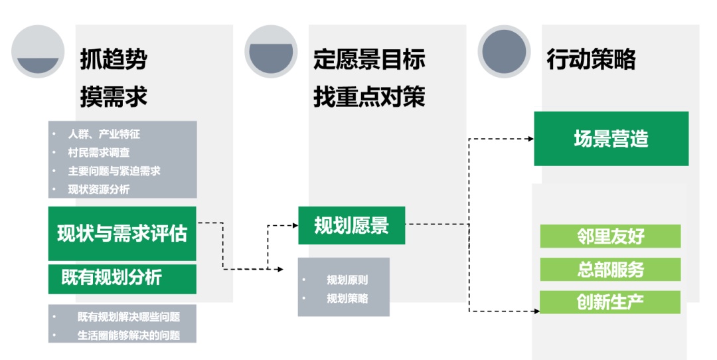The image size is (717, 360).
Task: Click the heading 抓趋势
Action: [114, 59]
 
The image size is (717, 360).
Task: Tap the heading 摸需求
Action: [114, 97]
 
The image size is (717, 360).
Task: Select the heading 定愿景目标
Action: [369, 59]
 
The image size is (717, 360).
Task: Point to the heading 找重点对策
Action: [369, 97]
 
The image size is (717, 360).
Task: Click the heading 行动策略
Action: [591, 59]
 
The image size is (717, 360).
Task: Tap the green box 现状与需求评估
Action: [122, 234]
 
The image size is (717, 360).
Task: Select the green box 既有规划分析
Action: [122, 278]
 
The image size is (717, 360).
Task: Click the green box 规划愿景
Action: [351, 225]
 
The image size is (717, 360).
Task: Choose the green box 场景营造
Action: [611, 138]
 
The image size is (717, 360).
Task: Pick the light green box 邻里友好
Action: [610, 236]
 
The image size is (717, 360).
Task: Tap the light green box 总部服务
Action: [610, 269]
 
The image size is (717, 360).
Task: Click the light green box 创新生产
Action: [610, 302]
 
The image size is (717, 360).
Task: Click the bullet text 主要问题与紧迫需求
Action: [114, 171]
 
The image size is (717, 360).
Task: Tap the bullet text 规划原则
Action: [347, 280]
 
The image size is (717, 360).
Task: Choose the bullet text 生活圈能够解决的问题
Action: [128, 335]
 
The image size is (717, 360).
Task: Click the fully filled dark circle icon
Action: [504, 51]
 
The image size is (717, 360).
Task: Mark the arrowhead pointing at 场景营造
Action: [530, 139]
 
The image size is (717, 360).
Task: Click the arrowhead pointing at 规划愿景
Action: [294, 226]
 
